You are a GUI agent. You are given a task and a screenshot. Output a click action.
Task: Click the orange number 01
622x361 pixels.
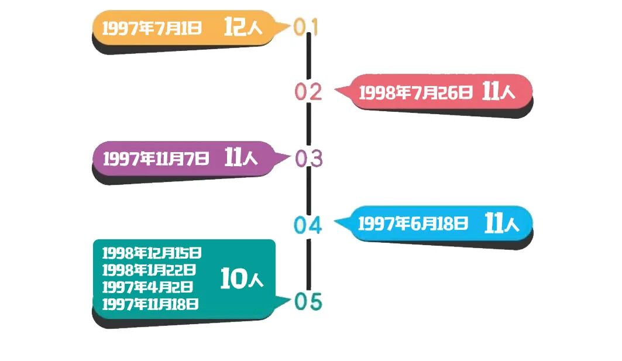coord(306,27)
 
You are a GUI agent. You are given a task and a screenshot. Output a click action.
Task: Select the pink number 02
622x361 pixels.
coord(308,92)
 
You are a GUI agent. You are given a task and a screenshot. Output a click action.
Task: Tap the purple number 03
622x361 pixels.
coord(309,159)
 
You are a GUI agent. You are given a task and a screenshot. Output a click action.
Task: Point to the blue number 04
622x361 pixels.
coord(308,225)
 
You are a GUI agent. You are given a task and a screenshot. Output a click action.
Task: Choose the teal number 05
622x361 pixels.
coord(308,302)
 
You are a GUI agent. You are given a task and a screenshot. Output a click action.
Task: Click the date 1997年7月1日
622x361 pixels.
coord(152,28)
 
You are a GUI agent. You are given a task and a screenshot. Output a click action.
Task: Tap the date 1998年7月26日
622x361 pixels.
coord(415,92)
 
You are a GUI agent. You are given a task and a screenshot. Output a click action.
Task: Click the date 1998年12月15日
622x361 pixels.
coord(152,253)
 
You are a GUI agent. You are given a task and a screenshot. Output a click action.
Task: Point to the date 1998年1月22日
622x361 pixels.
coord(149,270)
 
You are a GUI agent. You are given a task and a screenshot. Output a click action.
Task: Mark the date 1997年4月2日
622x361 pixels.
coord(147,287)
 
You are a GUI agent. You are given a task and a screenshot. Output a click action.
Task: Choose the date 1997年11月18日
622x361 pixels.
coord(150,304)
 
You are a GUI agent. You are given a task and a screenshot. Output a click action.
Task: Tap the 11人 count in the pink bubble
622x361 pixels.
coord(499,92)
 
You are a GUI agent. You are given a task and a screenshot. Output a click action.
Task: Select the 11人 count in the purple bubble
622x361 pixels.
coord(240,157)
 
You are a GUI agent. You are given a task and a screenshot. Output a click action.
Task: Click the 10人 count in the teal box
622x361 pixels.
coord(242,280)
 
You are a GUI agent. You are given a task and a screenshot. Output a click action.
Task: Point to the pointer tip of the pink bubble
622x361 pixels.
coord(336,91)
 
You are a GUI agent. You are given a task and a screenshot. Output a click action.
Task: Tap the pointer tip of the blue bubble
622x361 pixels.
coord(335,222)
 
